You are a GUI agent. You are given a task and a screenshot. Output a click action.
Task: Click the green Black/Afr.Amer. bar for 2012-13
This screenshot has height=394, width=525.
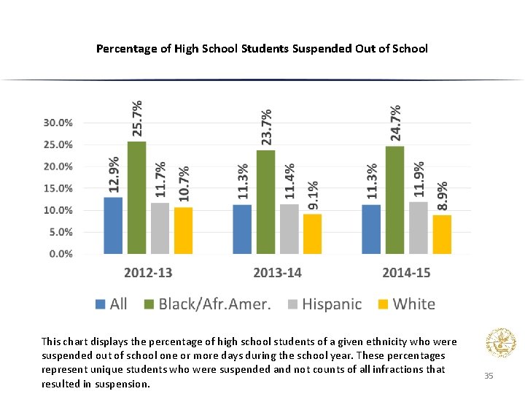click(136, 198)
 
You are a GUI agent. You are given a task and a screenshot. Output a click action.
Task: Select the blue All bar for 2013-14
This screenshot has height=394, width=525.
click(242, 229)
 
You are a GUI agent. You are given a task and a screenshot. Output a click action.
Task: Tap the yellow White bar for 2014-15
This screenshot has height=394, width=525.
click(442, 234)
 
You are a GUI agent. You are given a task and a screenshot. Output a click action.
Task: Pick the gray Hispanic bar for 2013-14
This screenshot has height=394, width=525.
click(289, 229)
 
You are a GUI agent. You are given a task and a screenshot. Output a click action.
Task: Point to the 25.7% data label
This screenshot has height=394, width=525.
click(137, 118)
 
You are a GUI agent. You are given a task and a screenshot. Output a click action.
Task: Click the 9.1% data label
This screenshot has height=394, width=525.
click(312, 196)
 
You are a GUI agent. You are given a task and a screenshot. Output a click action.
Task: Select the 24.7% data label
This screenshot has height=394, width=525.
click(394, 122)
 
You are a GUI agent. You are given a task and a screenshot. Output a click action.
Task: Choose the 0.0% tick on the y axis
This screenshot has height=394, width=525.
click(60, 254)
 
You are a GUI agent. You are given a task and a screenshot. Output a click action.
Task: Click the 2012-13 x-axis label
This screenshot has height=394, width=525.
click(148, 273)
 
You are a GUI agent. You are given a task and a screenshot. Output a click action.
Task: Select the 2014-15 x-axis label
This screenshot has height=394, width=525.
click(406, 273)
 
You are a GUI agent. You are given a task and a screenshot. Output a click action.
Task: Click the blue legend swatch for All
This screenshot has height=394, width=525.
click(101, 304)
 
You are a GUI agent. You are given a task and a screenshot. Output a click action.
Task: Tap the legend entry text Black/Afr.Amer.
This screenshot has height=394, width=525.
click(214, 304)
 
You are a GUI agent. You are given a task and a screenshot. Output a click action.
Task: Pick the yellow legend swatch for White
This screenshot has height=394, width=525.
click(383, 304)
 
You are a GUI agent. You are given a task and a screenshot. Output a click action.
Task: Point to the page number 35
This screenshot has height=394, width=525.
click(489, 376)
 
